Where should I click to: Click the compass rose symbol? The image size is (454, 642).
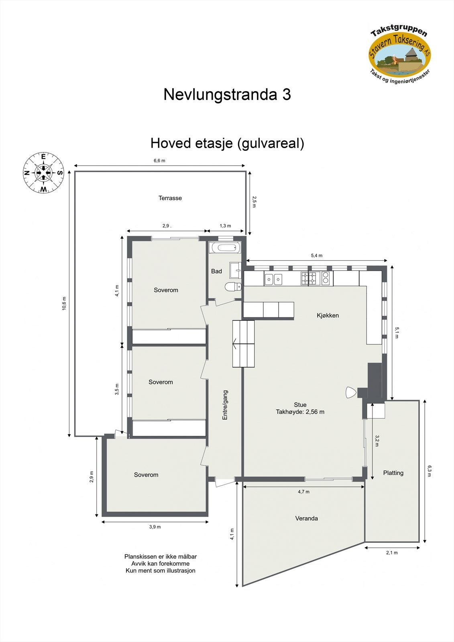click(43, 173)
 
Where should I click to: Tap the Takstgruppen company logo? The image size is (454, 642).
click(400, 53)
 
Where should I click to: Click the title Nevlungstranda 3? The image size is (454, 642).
click(227, 95)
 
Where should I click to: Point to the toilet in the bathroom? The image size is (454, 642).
click(233, 286)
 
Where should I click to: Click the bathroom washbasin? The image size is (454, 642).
click(235, 270)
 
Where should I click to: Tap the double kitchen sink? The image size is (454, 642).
click(273, 278)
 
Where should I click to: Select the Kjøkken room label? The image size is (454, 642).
click(328, 315)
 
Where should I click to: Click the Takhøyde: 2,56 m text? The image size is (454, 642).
click(300, 412)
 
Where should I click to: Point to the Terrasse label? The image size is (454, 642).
click(170, 198)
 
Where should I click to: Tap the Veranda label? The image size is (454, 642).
click(306, 518)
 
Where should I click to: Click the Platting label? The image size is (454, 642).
click(393, 473)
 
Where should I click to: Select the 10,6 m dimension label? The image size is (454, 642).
click(64, 303)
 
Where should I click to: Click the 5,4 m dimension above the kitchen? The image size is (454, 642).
click(316, 256)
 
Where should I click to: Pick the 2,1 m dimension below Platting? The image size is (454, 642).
click(392, 553)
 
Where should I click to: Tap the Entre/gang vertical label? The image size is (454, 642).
click(225, 405)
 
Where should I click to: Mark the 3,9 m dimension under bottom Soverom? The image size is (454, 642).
click(155, 527)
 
